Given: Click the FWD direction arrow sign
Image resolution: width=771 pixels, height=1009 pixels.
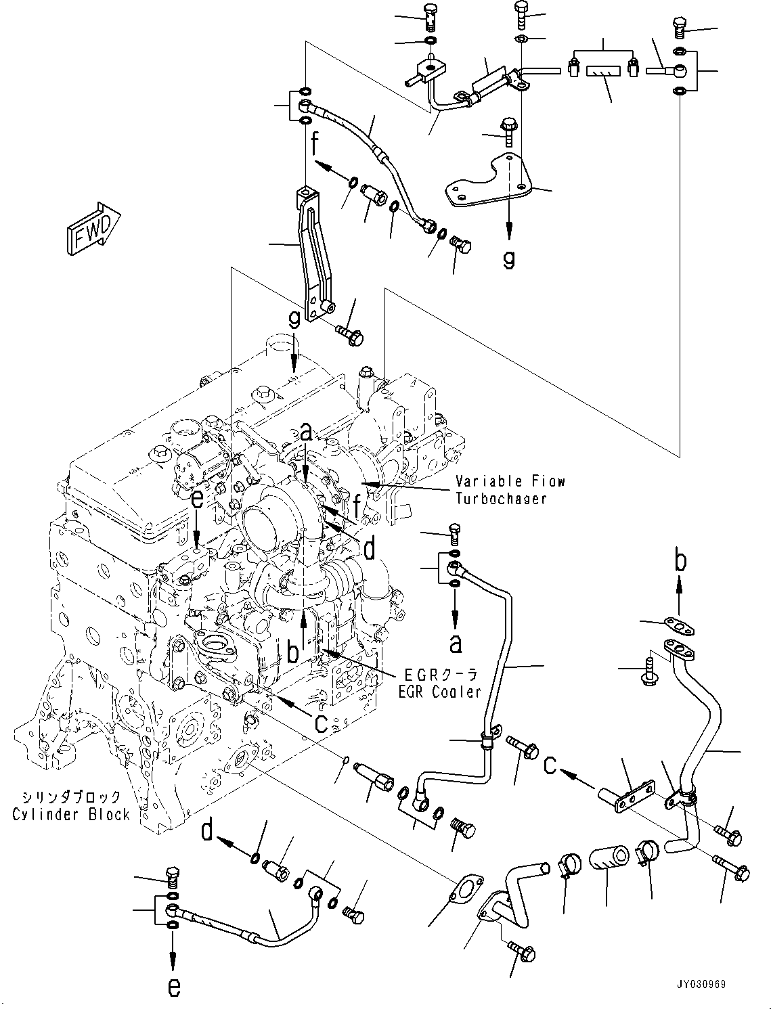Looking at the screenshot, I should coord(93,229).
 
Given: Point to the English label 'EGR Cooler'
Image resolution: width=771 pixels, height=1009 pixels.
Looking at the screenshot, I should coord(442,692).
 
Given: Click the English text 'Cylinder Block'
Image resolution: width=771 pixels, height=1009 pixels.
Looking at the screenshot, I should coord(71,814).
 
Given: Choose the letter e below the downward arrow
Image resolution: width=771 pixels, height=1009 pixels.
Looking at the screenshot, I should coord(174,987).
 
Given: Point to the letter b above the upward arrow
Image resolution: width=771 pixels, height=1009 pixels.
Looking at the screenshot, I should coord(680,561).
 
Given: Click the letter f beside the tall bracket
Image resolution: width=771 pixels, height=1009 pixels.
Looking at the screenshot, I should coord(315,144).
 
